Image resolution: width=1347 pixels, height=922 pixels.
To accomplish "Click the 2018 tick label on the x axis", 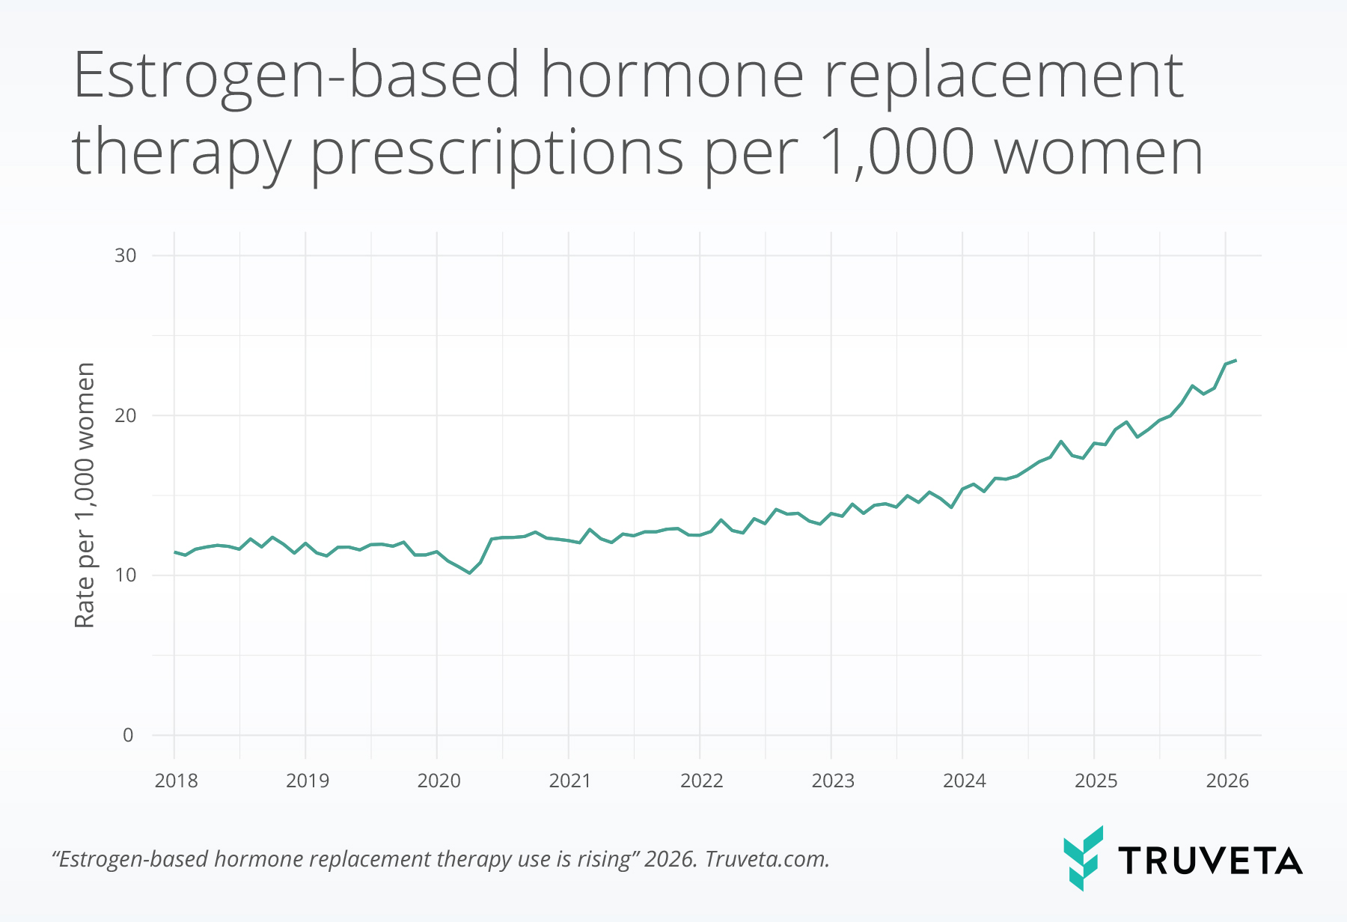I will point(176,781).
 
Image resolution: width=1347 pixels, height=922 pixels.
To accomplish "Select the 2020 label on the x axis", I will point(439,781).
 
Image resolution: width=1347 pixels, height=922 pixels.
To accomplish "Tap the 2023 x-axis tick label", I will point(832,781).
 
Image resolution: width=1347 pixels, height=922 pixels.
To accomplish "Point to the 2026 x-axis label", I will point(1227,781).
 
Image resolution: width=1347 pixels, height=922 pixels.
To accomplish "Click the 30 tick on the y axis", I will point(125,255).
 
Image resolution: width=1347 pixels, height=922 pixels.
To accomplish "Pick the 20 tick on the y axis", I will point(125,415).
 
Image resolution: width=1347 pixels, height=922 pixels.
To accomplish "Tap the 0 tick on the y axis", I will point(128,735).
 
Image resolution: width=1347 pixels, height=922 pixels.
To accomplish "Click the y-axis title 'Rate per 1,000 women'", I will point(85,495).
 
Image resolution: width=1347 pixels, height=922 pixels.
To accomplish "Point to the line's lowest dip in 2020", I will point(469,573).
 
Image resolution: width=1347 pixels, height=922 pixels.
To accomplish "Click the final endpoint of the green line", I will point(1235,361).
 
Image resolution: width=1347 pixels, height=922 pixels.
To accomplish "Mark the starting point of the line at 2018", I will point(174,552).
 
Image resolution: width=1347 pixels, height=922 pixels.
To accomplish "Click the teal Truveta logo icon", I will point(1083,858).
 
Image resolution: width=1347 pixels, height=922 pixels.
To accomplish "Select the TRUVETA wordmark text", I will point(1210,861).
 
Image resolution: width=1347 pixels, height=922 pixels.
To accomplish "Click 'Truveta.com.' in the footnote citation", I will point(767,858).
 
